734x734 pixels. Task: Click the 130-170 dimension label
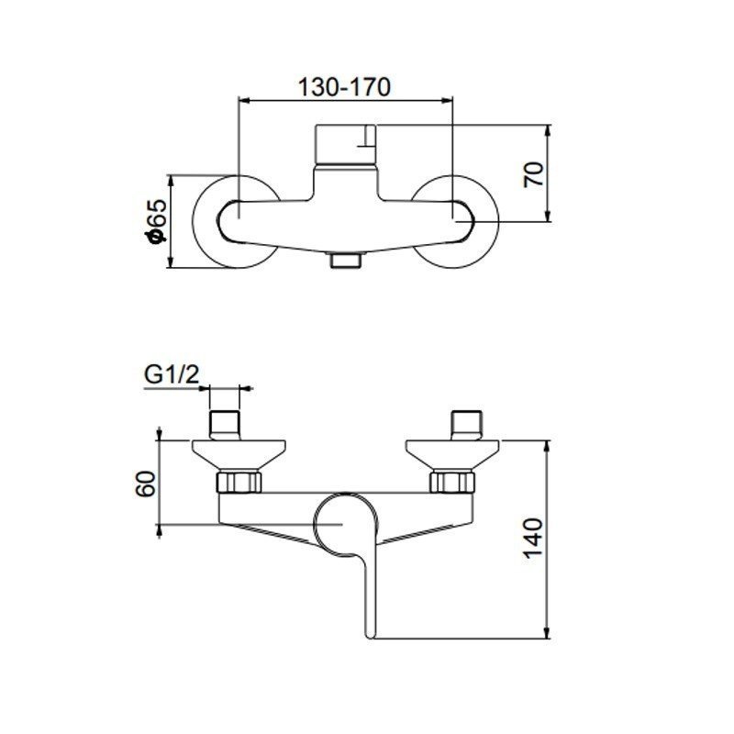pyautogui.click(x=346, y=86)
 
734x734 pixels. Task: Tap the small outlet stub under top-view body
pyautogui.click(x=345, y=261)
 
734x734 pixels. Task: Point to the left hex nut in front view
pyautogui.click(x=239, y=482)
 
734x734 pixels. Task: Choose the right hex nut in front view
pyautogui.click(x=454, y=482)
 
